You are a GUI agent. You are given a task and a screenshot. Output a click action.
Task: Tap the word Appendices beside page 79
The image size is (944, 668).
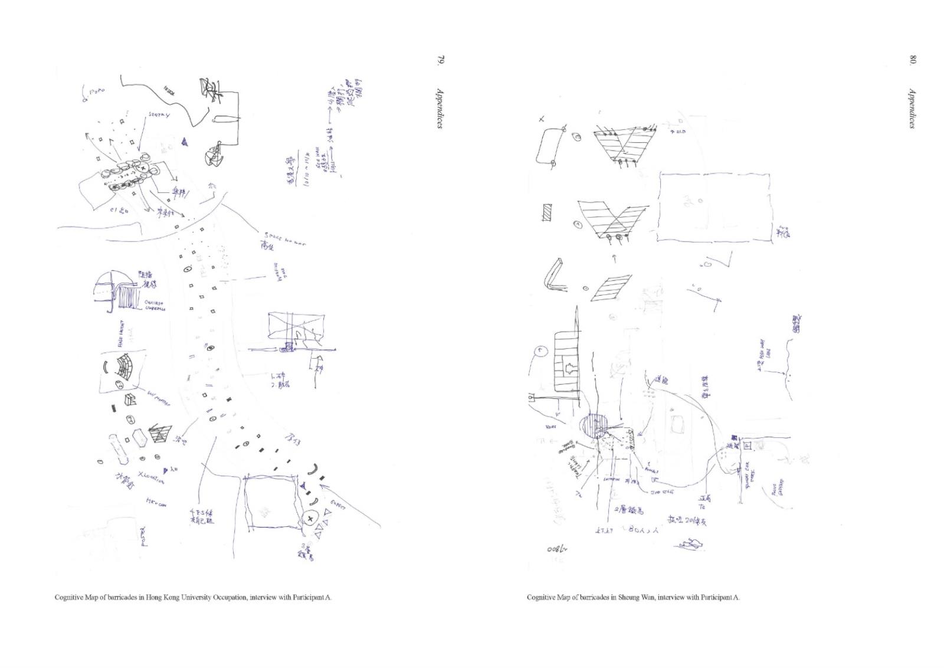pyautogui.click(x=440, y=108)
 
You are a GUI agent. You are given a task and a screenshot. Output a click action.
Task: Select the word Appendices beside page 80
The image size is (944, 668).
pyautogui.click(x=912, y=108)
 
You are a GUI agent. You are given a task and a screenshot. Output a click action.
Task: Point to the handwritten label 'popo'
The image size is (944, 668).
pyautogui.click(x=94, y=91)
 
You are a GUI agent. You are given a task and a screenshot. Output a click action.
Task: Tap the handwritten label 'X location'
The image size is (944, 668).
pyautogui.click(x=152, y=477)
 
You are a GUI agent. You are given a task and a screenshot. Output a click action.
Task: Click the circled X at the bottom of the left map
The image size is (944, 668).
pyautogui.click(x=310, y=519)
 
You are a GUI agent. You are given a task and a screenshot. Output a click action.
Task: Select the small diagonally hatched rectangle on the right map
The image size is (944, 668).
pyautogui.click(x=548, y=213)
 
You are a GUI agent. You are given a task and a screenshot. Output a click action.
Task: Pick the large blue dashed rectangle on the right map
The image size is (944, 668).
pyautogui.click(x=714, y=207)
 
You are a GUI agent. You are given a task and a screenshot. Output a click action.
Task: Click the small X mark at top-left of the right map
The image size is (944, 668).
pyautogui.click(x=542, y=120)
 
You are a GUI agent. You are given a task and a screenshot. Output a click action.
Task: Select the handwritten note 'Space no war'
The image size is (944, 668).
pyautogui.click(x=284, y=238)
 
